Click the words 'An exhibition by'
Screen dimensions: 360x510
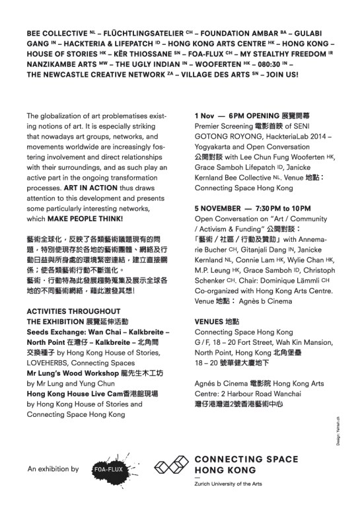pyautogui.click(x=53, y=469)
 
